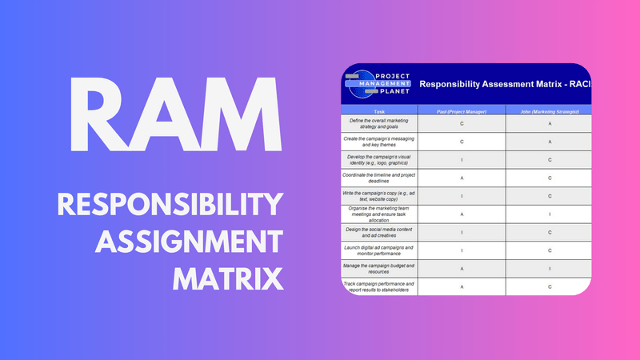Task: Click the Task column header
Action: [379, 111]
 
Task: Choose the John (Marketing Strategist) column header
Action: [548, 111]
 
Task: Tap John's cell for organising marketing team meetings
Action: [548, 214]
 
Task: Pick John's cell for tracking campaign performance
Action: [548, 286]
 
